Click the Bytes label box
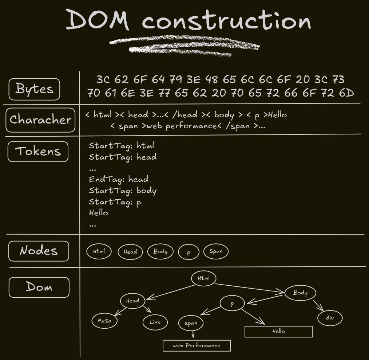click(x=34, y=89)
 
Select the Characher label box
click(x=40, y=120)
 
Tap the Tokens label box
click(x=38, y=151)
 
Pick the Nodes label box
click(x=39, y=251)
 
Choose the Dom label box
click(x=39, y=287)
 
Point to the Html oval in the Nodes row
click(x=99, y=251)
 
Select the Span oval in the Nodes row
click(x=216, y=251)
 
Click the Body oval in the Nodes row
click(x=160, y=251)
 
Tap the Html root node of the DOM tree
click(x=204, y=278)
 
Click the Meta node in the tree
click(x=104, y=321)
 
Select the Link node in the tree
click(x=155, y=322)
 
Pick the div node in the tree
click(x=330, y=318)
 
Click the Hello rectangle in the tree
click(x=278, y=332)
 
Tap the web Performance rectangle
click(x=197, y=345)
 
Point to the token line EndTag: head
click(x=119, y=179)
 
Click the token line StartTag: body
click(x=123, y=191)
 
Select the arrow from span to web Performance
click(x=193, y=334)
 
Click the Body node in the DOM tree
click(x=300, y=293)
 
